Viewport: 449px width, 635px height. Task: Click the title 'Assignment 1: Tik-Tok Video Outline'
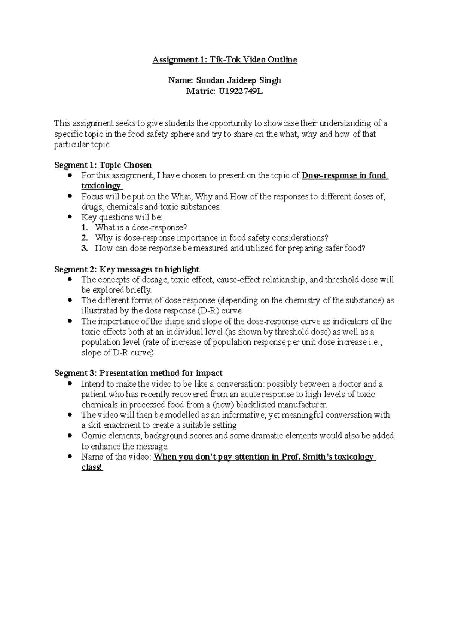click(224, 60)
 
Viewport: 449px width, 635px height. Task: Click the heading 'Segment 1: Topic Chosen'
click(103, 165)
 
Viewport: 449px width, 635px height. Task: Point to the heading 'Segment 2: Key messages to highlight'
click(127, 269)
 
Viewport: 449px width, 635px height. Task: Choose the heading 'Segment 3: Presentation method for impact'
click(138, 373)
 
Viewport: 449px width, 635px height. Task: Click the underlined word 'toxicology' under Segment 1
click(101, 186)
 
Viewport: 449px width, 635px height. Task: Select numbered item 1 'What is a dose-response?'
click(141, 227)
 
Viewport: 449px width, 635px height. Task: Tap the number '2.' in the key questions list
click(85, 238)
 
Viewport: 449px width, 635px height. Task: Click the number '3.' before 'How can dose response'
click(85, 248)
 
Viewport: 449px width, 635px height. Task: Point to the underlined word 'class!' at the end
click(92, 467)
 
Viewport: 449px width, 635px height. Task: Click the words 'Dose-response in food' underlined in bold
click(344, 175)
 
